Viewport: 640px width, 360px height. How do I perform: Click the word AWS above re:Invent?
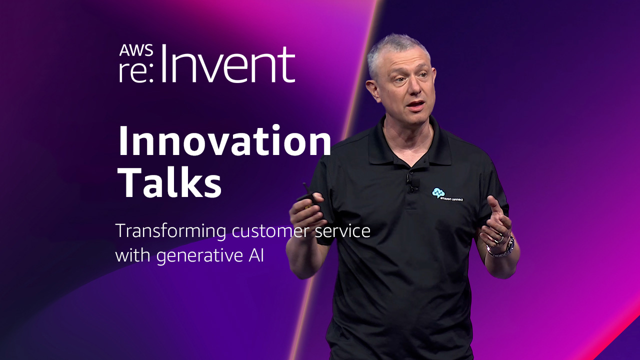(x=136, y=50)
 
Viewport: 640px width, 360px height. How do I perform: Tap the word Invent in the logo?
(x=228, y=64)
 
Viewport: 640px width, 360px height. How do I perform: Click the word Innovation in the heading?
(x=224, y=141)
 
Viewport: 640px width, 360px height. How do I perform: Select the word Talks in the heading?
(x=170, y=181)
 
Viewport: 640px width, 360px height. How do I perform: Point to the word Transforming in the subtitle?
(x=170, y=231)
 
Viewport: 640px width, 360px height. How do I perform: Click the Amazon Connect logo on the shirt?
(x=447, y=195)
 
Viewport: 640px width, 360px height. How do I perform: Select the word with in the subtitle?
(x=133, y=254)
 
